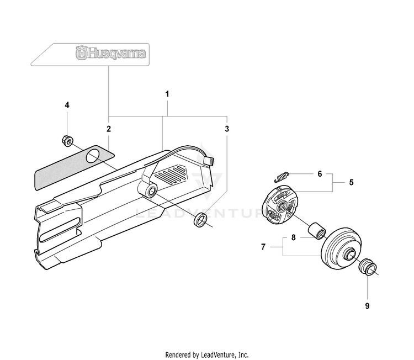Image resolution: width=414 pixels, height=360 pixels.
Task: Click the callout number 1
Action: click(167, 94)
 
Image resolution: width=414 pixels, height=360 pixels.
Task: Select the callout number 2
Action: click(109, 129)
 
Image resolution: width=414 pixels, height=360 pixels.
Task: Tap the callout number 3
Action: click(227, 129)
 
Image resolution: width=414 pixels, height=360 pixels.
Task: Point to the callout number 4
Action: click(67, 105)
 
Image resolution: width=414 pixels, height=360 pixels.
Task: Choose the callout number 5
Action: click(351, 182)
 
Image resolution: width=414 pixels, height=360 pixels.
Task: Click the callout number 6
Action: click(320, 174)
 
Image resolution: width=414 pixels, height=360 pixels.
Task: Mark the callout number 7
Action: click(263, 247)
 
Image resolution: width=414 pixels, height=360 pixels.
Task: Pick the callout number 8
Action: click(293, 237)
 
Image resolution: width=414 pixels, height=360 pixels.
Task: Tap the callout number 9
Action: click(367, 306)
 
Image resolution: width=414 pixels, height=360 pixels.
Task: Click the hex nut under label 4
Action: click(67, 140)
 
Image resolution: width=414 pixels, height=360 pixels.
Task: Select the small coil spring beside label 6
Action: click(282, 177)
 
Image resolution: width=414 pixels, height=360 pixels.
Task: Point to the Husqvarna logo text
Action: click(110, 54)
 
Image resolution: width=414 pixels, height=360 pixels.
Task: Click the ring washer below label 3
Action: click(201, 220)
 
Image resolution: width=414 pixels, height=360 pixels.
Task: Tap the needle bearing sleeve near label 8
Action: click(317, 231)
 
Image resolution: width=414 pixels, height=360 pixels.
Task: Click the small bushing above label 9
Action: click(368, 267)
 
